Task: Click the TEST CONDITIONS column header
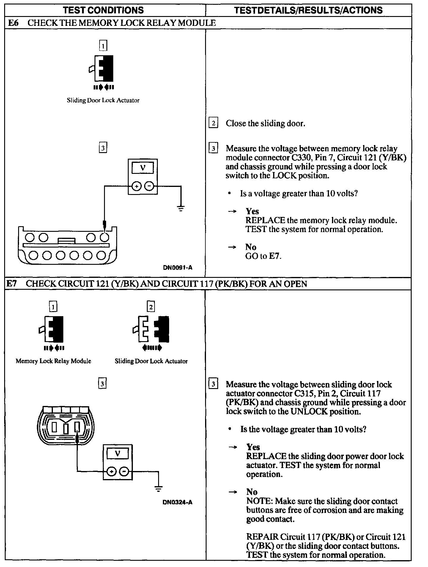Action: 103,10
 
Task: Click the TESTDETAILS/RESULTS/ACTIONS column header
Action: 308,10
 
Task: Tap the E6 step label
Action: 13,23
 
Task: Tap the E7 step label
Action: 12,283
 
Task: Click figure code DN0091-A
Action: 177,267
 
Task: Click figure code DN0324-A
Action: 177,502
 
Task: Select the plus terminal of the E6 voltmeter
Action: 136,186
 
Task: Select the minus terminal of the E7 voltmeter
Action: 125,471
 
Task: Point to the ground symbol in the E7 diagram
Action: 158,489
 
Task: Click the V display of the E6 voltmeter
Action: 143,168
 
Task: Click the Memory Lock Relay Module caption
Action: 53,361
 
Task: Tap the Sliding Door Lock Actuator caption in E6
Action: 103,100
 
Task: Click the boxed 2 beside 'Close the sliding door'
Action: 213,123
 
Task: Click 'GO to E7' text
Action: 263,256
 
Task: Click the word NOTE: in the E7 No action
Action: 259,501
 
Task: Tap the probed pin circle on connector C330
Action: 104,237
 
